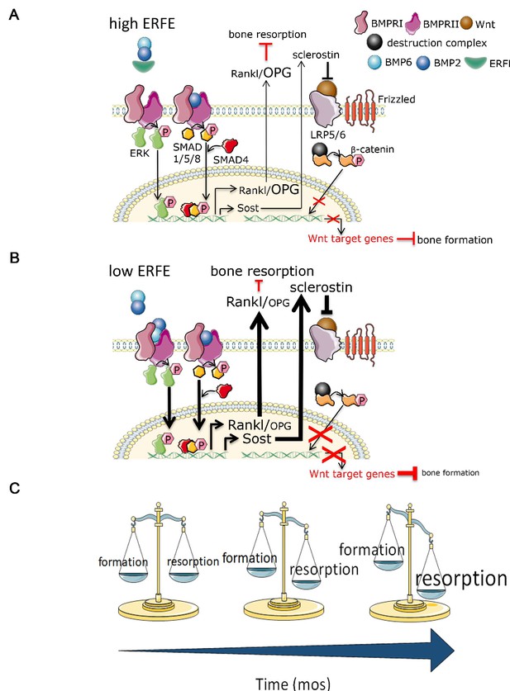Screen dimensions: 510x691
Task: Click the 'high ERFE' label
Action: coord(142,23)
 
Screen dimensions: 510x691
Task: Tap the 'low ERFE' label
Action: coord(140,271)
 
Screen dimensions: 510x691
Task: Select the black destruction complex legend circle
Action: coord(374,42)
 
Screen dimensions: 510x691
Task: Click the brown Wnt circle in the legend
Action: coord(467,23)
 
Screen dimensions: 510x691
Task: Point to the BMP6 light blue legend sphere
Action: coord(375,63)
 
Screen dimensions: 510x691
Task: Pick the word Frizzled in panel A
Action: coord(396,99)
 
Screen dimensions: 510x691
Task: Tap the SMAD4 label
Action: coord(231,159)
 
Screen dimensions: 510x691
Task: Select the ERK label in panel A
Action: coord(140,154)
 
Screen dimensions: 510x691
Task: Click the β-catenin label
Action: coord(372,149)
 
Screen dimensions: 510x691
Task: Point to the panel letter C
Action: coord(15,488)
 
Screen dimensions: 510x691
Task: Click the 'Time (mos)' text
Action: coord(293,684)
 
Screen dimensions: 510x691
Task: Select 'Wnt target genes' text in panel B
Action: coord(351,474)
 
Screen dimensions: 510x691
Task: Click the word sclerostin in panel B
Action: coord(322,287)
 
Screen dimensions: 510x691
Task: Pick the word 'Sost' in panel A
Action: coord(248,207)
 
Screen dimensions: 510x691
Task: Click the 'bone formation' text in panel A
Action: coord(455,239)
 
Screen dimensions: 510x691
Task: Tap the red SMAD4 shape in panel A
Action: coord(230,145)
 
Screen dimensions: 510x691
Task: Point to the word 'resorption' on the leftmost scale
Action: coord(193,561)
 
